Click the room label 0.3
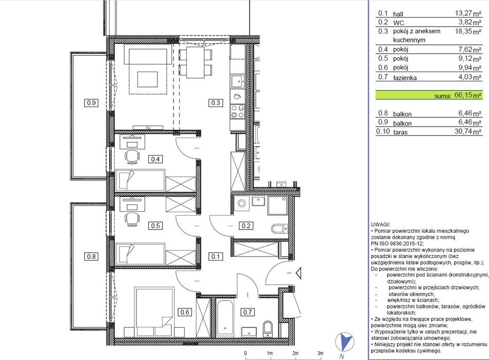click(216, 102)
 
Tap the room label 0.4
click(155, 159)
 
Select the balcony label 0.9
click(91, 102)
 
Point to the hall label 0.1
click(216, 256)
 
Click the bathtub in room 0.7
click(225, 318)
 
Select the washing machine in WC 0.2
click(242, 203)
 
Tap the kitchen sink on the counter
click(238, 81)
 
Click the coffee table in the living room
click(148, 79)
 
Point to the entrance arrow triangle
click(299, 273)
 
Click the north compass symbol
click(344, 342)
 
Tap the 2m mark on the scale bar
click(295, 353)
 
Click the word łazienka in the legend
click(405, 78)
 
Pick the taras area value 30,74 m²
click(468, 131)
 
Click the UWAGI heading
click(380, 225)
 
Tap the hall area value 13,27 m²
click(468, 13)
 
